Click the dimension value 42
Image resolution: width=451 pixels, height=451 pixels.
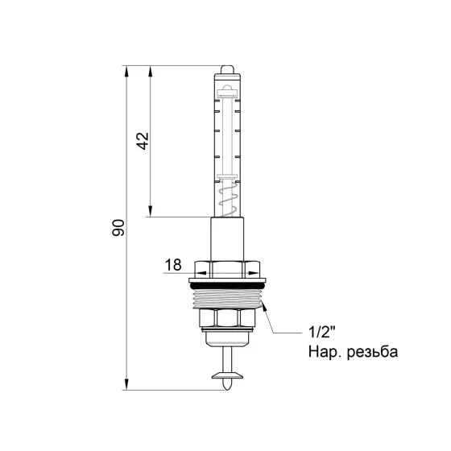142,141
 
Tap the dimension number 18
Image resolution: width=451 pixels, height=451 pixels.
173,263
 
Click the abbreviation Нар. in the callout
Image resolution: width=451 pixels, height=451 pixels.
323,352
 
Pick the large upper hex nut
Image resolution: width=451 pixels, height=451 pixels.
227,268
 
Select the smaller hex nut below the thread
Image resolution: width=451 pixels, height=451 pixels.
227,322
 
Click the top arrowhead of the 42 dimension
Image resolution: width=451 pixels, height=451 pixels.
151,71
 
